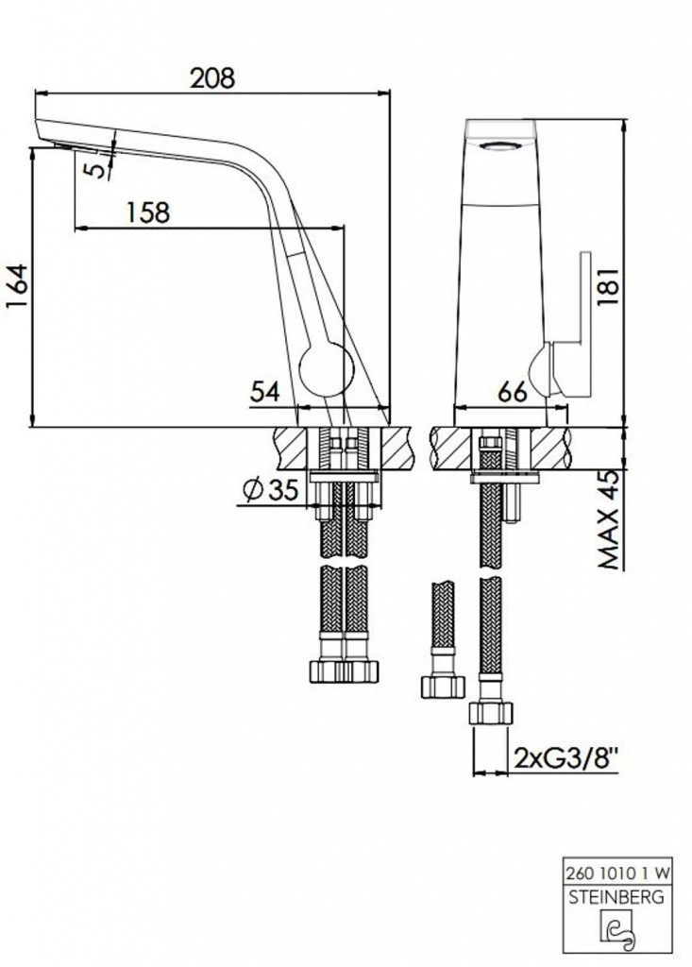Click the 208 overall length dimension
(212, 78)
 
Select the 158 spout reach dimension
(147, 212)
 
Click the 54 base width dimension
(265, 392)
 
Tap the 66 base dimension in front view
(512, 392)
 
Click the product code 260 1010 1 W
(617, 872)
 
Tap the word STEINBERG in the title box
(616, 896)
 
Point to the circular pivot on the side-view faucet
(327, 369)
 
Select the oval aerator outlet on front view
(500, 146)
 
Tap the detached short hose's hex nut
(442, 687)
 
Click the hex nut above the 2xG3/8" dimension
(491, 713)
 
